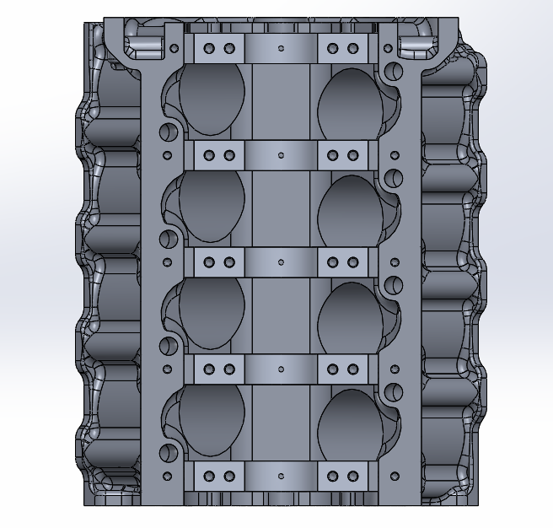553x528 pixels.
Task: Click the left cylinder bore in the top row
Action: click(x=212, y=99)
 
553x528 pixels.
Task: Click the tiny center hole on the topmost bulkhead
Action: click(x=281, y=48)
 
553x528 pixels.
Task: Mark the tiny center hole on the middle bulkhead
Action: click(x=281, y=261)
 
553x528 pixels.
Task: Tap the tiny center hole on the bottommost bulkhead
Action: click(x=281, y=477)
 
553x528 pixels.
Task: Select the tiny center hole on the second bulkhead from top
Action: click(x=281, y=155)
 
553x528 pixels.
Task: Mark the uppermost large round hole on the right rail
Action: click(x=391, y=69)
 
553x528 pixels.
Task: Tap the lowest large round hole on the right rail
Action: click(x=391, y=391)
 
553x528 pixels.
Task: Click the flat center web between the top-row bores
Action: click(x=281, y=99)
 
